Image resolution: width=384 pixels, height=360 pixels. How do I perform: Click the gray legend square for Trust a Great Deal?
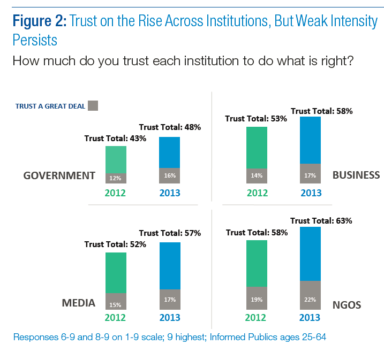pos(93,105)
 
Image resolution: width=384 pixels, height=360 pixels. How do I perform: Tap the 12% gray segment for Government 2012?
pos(116,178)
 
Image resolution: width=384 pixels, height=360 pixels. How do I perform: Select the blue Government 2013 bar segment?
pos(169,152)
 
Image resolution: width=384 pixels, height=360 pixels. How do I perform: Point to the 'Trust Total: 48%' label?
pos(170,127)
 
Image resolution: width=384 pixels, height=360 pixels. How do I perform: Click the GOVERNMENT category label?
pos(59,175)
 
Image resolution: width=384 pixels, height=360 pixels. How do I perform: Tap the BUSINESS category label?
pos(356,175)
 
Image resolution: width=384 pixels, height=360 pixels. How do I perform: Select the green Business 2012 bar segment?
pos(256,147)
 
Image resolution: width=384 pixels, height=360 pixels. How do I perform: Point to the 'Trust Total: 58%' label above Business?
pos(321,111)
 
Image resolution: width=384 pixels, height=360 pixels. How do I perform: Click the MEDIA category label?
pos(79,303)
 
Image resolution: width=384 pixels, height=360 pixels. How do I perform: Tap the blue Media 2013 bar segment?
pos(169,266)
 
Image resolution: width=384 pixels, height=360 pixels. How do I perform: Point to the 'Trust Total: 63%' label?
pos(321,220)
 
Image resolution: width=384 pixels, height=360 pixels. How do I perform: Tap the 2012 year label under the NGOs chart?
pos(256,318)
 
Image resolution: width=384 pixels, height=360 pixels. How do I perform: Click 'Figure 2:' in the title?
pos(39,22)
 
